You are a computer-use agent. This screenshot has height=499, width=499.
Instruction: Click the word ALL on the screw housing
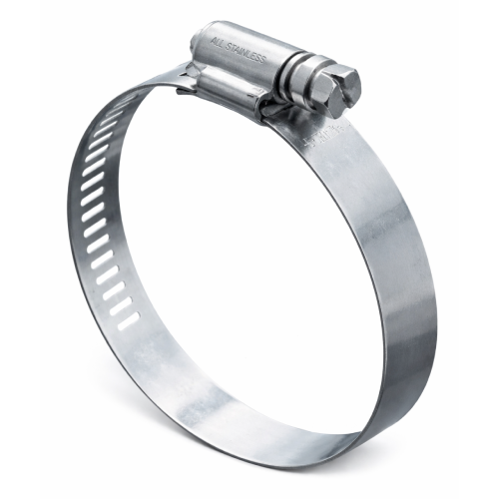click(x=219, y=43)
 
